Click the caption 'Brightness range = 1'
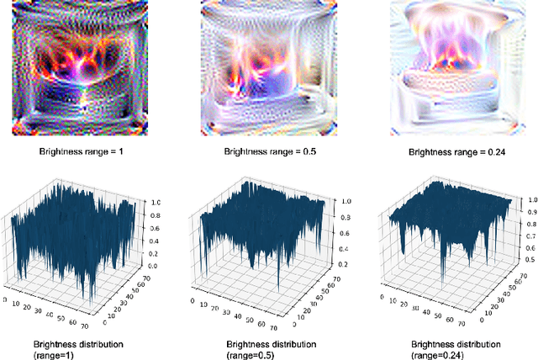pyautogui.click(x=82, y=153)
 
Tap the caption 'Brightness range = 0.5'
pyautogui.click(x=269, y=153)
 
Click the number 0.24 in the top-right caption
pyautogui.click(x=494, y=153)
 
